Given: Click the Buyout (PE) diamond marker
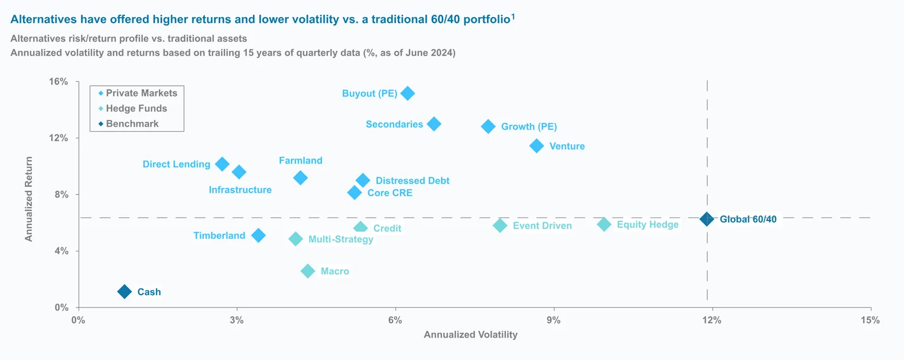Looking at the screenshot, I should point(407,93).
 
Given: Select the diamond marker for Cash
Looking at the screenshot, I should point(124,291).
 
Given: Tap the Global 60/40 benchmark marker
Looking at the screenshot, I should point(706,219).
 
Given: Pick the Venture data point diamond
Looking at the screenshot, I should point(536,146).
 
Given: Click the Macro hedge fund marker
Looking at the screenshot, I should point(307,271).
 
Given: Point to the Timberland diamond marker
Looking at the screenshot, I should point(258,235).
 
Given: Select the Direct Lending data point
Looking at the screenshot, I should point(222,164).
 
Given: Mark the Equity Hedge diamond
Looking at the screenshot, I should point(604,225).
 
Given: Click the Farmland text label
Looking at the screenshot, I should point(300,161).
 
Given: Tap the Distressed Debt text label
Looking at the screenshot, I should point(412,181).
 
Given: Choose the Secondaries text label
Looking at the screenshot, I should point(394,124).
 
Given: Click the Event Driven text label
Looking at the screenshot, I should point(542,226).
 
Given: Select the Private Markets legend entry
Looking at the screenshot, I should point(141,93).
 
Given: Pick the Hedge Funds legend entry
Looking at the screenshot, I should point(136,109).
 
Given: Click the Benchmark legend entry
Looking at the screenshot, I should point(132,124).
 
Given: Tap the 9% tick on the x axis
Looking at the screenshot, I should point(554,320).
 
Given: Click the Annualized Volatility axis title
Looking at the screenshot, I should point(470,335).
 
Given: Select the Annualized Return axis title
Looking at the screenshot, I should point(28,199).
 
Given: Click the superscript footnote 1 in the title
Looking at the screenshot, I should point(513,17).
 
